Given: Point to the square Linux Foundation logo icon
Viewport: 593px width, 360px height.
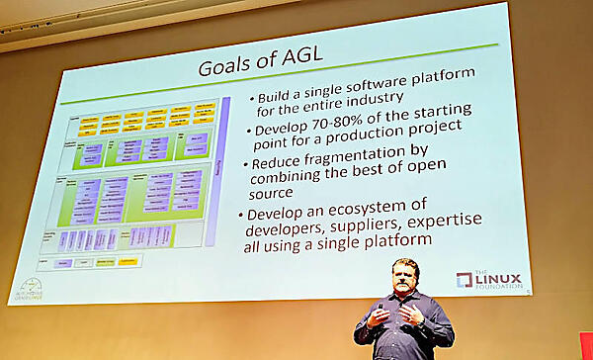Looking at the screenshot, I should pos(465,280).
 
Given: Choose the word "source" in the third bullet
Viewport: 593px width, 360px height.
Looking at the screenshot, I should pos(279,197).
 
